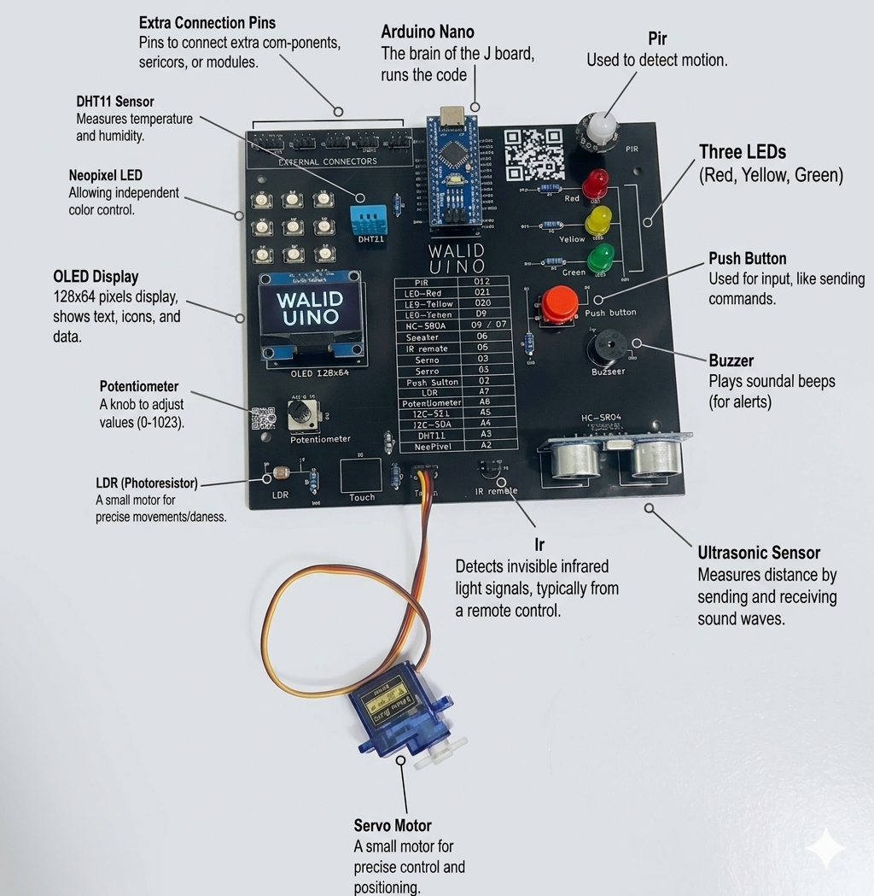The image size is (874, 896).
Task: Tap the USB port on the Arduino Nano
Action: click(450, 118)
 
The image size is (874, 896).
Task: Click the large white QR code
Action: click(534, 154)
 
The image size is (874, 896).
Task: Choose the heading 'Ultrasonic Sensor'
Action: click(759, 553)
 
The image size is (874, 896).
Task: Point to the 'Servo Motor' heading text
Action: click(393, 825)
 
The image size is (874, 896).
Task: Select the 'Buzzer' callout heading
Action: click(731, 360)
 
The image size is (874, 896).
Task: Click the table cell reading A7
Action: click(485, 392)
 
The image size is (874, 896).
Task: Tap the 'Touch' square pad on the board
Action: click(360, 475)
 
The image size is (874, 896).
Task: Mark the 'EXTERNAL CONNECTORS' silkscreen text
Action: click(328, 161)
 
